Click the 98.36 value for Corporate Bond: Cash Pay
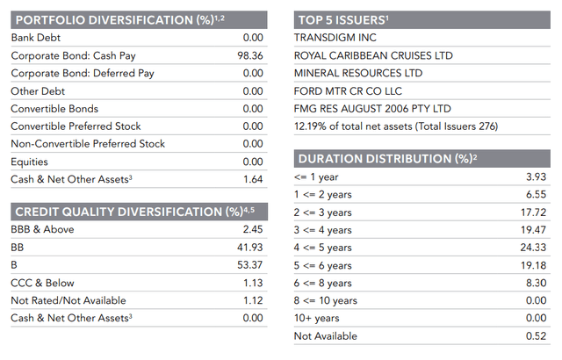coord(249,55)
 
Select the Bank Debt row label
coord(35,38)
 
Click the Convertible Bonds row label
coord(48,109)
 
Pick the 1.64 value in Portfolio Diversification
coord(252,179)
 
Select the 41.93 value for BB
coord(249,248)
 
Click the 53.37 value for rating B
coord(249,265)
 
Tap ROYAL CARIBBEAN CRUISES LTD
coord(373,55)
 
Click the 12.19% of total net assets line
coord(396,126)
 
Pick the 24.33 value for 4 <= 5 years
coord(535,248)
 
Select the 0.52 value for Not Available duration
coord(537,335)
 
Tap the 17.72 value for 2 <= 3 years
coord(535,212)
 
